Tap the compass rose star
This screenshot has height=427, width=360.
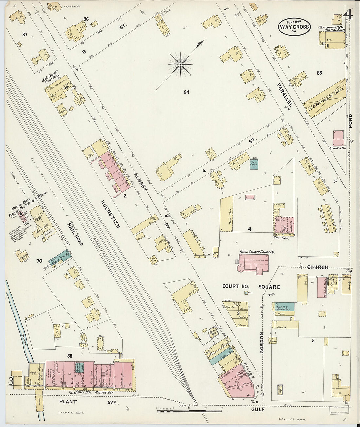pos(180,64)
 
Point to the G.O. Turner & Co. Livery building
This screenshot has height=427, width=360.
pos(324,98)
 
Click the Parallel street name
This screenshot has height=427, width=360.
pos(284,95)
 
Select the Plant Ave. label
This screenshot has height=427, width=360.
pos(89,402)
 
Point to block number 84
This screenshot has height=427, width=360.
pos(187,92)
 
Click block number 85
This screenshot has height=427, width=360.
pos(319,73)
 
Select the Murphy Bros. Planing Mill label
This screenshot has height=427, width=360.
pos(29,208)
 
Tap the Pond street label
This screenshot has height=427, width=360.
pos(351,121)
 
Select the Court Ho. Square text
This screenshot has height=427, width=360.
pos(251,287)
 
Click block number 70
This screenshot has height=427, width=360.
pos(39,261)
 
